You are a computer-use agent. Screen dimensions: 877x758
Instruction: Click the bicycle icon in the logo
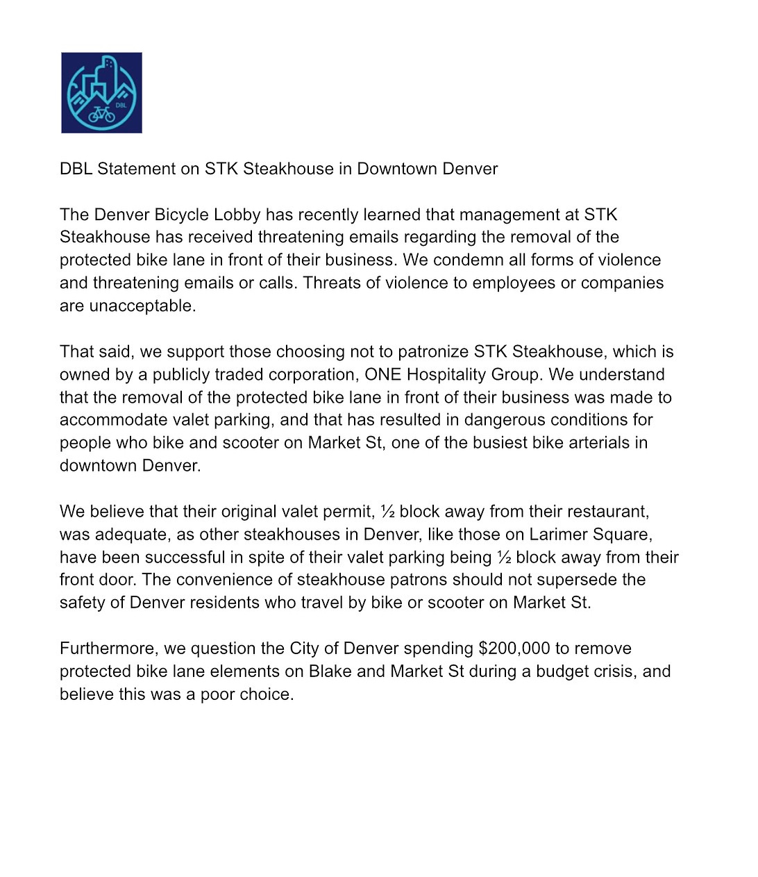point(101,114)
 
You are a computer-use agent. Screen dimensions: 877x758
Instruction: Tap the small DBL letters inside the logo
point(121,106)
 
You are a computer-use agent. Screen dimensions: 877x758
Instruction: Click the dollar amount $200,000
point(514,649)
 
